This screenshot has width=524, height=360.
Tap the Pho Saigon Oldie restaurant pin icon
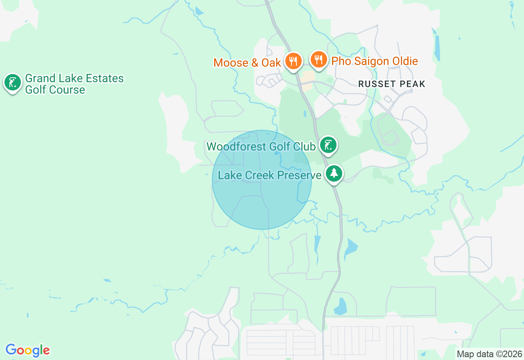coord(318,60)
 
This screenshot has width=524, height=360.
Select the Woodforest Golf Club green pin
coord(328,145)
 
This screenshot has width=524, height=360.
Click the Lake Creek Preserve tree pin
coord(334,173)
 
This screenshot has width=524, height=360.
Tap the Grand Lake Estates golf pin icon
coord(13,83)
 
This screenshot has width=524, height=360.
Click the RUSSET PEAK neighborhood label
coord(391,84)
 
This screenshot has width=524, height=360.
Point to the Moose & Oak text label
coord(247,63)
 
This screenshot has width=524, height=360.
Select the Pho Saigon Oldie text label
coord(374,61)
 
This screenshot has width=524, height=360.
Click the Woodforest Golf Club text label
coord(261,146)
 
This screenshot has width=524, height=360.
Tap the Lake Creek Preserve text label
coord(269,175)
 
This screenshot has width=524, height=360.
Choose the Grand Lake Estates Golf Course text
coord(74,84)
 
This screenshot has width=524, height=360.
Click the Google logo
coord(27,350)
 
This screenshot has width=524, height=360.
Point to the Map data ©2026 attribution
coord(490,354)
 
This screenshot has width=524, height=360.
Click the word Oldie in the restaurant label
coord(404,61)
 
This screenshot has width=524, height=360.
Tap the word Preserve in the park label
coord(301,175)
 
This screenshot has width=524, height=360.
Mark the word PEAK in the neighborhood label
coord(413,84)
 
